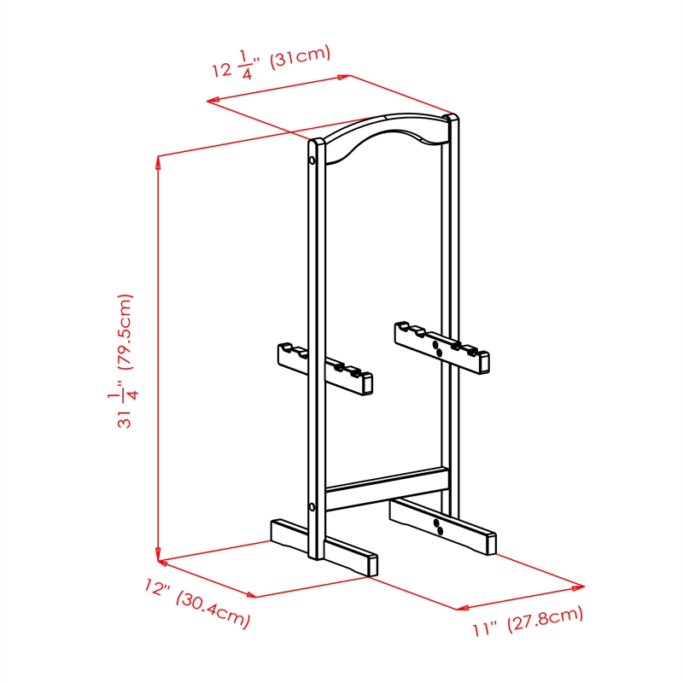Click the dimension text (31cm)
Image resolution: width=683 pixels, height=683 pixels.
pos(301,56)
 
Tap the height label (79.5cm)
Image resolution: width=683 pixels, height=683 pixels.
pos(126,331)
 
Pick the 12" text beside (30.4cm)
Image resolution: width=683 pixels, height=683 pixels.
pos(156,587)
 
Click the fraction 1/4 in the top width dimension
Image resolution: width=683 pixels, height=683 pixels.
pos(245,66)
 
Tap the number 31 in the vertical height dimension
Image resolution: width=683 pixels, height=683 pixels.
pos(124,418)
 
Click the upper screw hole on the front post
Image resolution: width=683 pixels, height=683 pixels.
pos(312,160)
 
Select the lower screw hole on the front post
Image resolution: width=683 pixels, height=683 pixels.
pos(312,507)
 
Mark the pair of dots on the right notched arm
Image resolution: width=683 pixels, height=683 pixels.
pos(437,348)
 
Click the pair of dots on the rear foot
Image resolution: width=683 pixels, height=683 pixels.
pos(438,527)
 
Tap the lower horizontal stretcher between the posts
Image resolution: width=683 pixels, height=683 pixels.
pos(388,489)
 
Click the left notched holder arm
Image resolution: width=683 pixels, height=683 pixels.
pos(325,369)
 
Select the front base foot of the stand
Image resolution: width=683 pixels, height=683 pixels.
pos(324,547)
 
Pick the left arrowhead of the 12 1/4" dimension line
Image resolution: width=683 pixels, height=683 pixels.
pos(213,101)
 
